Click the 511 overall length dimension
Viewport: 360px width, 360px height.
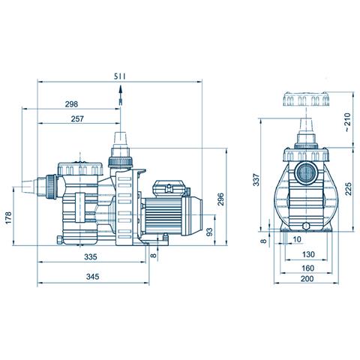(x=119, y=76)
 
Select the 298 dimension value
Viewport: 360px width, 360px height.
(x=71, y=104)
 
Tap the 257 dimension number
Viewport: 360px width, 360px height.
(x=77, y=118)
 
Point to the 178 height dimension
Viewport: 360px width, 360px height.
(x=8, y=217)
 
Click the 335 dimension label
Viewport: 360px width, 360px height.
(x=91, y=256)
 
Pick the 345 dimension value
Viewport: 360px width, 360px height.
(x=92, y=277)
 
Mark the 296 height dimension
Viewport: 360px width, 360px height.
(x=220, y=199)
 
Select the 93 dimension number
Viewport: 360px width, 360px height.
(x=209, y=232)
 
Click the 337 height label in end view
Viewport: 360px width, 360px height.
(x=256, y=180)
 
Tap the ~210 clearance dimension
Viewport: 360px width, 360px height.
(x=347, y=122)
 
